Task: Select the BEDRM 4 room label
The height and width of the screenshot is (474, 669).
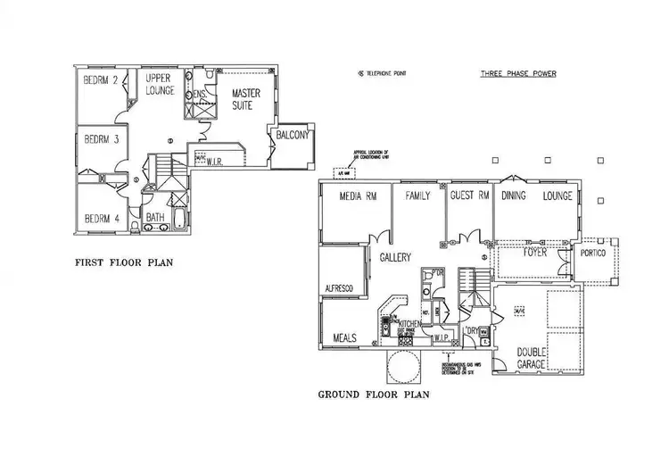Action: click(103, 219)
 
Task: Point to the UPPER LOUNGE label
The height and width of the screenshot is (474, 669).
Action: click(160, 85)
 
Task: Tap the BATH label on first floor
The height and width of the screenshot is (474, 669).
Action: click(155, 217)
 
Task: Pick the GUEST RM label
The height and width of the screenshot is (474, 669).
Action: click(469, 195)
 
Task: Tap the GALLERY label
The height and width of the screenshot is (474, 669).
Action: click(395, 257)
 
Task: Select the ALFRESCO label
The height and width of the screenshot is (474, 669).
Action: click(340, 289)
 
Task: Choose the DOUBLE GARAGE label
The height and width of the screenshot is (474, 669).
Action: click(533, 358)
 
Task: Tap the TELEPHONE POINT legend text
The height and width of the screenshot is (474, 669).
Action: click(386, 74)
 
